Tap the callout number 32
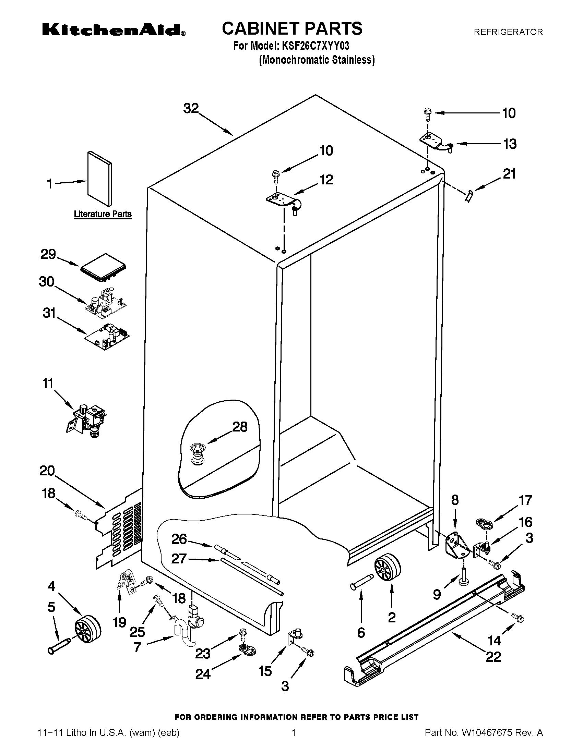point(191,108)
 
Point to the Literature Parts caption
point(103,214)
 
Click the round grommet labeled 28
point(197,455)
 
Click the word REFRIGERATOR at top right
point(508,32)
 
